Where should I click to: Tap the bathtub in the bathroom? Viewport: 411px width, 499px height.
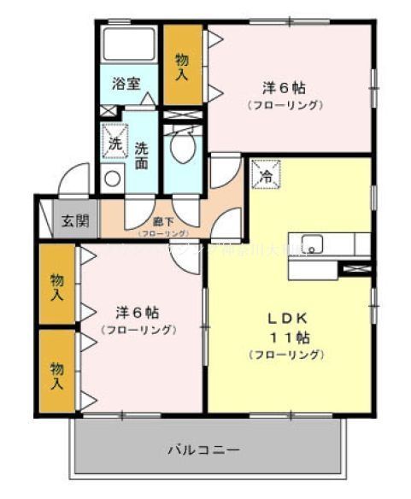(129, 45)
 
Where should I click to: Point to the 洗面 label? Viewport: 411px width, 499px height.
(141, 154)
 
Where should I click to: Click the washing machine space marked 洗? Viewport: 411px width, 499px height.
(114, 143)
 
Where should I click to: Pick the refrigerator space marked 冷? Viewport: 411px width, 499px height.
(266, 177)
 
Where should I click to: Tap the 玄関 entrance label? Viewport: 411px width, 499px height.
(74, 220)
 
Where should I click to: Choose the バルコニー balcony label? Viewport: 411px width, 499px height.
(203, 449)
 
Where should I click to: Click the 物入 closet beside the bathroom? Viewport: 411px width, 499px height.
(181, 67)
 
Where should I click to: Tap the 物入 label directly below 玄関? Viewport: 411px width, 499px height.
(57, 287)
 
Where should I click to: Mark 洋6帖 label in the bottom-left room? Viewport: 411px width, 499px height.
(137, 312)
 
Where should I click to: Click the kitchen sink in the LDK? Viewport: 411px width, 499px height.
(309, 242)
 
